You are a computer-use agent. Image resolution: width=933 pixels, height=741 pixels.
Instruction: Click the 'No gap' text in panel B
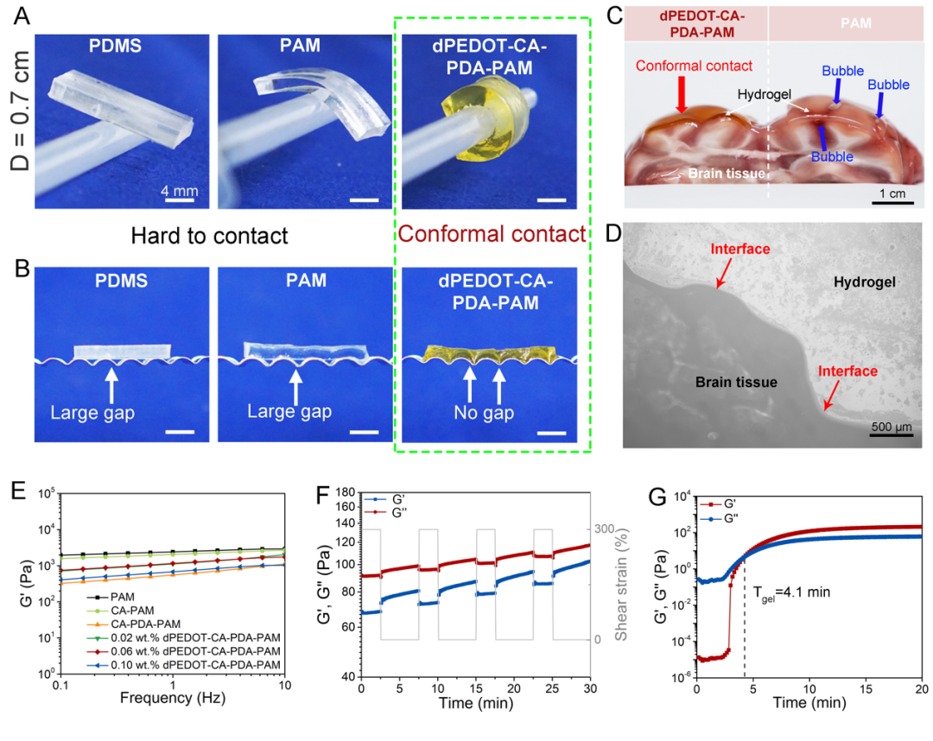coord(484,413)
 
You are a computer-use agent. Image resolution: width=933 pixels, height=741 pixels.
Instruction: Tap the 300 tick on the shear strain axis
coord(604,529)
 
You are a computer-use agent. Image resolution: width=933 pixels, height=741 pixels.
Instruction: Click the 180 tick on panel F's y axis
coord(346,494)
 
